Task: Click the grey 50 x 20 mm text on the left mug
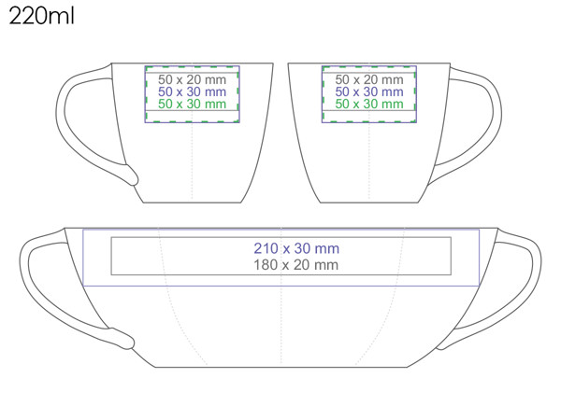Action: [x=192, y=79]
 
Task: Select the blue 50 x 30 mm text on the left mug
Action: [x=192, y=91]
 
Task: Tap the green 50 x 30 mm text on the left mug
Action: [x=192, y=104]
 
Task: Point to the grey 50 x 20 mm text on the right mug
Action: [x=369, y=79]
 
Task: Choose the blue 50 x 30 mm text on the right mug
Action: [x=369, y=91]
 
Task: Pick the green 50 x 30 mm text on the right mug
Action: [x=369, y=104]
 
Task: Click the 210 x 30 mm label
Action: [x=296, y=248]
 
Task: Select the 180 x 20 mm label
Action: [x=296, y=265]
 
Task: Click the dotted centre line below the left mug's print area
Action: [x=192, y=163]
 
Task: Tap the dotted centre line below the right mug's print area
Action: [x=369, y=163]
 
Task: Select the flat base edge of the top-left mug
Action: [x=192, y=203]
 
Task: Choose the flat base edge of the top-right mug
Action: [x=369, y=203]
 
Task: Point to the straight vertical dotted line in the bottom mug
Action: [x=280, y=327]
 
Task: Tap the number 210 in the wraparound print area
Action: [x=266, y=248]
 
